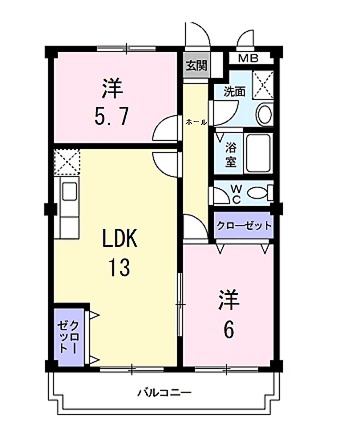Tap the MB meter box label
point(247,59)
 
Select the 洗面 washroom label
point(233,91)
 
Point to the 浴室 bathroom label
point(229,150)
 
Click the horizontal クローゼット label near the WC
point(244,226)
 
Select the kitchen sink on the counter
point(68,192)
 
